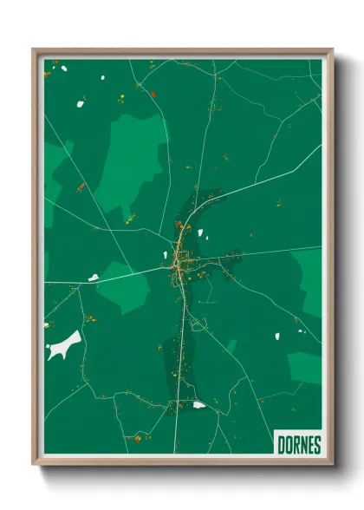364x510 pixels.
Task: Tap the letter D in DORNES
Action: pos(282,445)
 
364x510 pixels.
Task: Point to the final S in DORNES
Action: pos(316,445)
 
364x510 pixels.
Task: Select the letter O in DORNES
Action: pos(289,445)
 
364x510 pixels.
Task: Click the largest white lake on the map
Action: pos(64,345)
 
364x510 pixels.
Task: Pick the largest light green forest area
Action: pos(134,160)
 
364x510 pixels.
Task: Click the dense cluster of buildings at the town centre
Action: pos(179,260)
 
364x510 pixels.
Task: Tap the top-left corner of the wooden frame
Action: pos(34,49)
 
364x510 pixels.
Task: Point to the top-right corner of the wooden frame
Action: pos(332,49)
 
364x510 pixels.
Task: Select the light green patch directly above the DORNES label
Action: pos(306,369)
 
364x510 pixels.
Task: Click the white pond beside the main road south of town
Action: pos(200,404)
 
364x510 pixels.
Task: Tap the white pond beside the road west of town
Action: pos(94,278)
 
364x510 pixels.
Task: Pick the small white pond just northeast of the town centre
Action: pos(204,235)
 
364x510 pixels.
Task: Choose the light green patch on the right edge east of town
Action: pos(309,282)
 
